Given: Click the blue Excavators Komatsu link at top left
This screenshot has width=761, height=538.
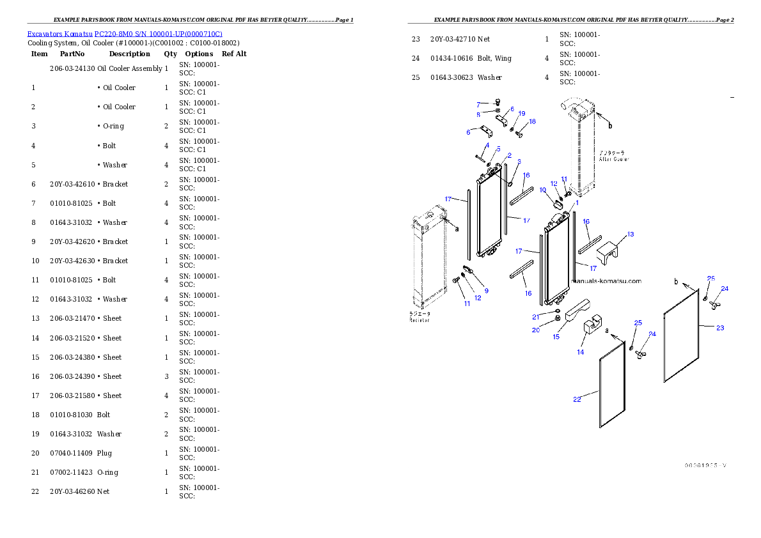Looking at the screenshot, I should [125, 34].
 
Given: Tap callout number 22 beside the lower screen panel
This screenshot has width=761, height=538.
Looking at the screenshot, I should [577, 399].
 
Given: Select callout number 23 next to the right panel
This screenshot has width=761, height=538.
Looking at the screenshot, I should [720, 328].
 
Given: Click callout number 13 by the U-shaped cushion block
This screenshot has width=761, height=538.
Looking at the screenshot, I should [631, 234].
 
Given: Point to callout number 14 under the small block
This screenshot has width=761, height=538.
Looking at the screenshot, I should [581, 352].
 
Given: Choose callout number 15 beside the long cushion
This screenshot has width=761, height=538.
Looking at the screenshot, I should [556, 337].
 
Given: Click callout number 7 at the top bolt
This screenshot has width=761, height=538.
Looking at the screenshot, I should [478, 104].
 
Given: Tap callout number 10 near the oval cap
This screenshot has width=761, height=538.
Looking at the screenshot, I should [542, 190].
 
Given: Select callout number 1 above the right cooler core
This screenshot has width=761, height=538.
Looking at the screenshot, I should [576, 202].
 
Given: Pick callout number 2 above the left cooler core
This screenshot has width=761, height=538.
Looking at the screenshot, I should [510, 155].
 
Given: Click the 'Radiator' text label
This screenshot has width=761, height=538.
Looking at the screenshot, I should [420, 319].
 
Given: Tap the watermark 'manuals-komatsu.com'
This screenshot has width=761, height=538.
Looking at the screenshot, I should [607, 281].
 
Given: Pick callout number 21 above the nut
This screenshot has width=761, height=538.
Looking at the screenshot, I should [536, 317].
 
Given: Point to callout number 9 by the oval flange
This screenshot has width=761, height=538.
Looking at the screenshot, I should [486, 291].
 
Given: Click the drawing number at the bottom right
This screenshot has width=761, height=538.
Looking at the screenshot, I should [705, 465].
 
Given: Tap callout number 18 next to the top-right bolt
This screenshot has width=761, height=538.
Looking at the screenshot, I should [532, 121].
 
